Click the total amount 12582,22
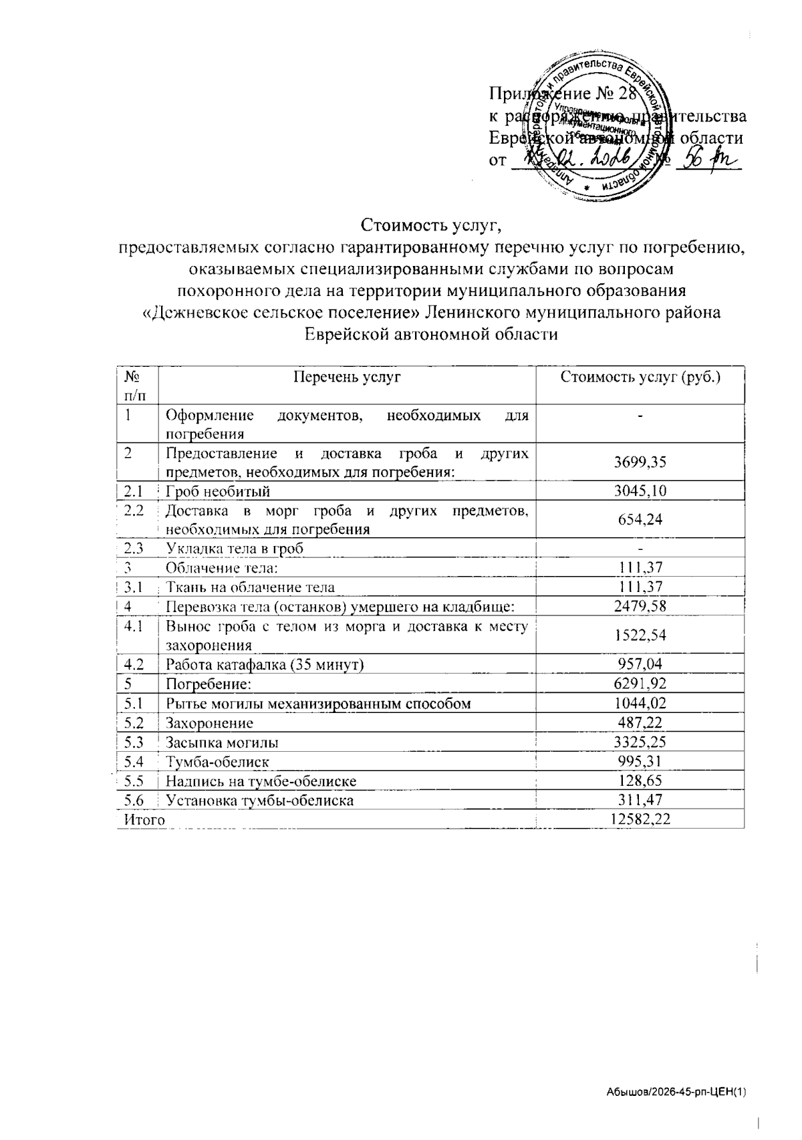pos(640,819)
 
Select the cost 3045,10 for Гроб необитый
pos(640,492)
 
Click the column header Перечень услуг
pos(347,378)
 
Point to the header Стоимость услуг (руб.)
pos(640,378)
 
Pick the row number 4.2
pos(134,664)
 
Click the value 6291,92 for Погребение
pos(640,684)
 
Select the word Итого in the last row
pos(141,819)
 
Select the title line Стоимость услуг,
pos(431,223)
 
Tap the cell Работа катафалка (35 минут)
pos(265,664)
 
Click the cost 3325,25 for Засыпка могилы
pos(640,742)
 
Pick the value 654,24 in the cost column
pos(640,519)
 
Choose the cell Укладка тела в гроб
pos(235,549)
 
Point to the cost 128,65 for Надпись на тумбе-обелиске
pos(640,780)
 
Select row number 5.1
pos(134,703)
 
